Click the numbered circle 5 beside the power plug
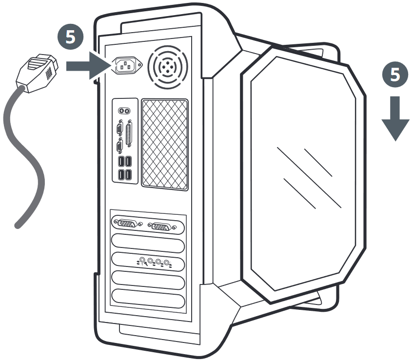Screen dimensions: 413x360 click(71, 37)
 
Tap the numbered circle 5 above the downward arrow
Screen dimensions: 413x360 click(395, 75)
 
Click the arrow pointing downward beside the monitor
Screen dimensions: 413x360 click(395, 119)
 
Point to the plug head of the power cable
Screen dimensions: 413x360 click(38, 73)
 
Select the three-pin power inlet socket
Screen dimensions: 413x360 click(127, 66)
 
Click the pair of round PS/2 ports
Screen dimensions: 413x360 click(124, 111)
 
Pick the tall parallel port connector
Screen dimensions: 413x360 click(129, 133)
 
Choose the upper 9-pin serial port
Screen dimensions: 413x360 click(119, 129)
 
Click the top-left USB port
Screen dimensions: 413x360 click(121, 162)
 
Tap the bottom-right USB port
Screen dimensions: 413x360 click(128, 175)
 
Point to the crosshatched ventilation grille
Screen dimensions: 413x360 click(165, 145)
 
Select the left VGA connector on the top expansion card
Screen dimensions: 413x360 click(127, 224)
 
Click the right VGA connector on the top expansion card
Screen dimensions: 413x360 click(161, 227)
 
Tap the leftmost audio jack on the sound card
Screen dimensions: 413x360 click(142, 260)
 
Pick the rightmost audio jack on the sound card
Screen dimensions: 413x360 click(166, 263)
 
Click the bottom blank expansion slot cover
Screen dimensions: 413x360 click(148, 299)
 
